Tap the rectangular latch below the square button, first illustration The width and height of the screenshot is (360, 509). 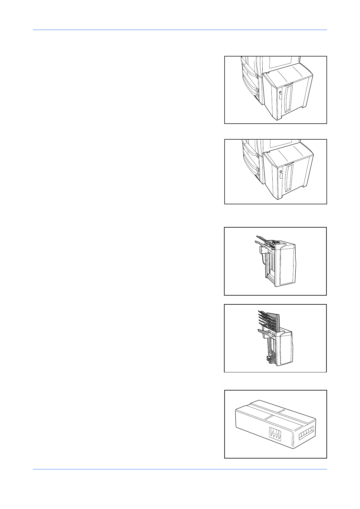point(280,97)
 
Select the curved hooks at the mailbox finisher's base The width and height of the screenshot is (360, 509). point(269,358)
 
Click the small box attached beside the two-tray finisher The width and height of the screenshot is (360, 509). point(262,250)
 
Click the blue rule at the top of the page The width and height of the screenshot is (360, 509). point(180,30)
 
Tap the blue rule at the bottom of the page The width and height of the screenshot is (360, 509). point(180,469)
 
